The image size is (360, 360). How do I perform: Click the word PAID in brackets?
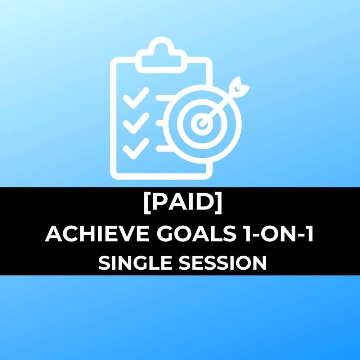[x=183, y=202]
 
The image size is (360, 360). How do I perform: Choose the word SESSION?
[x=222, y=263]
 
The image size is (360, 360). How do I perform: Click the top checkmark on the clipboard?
[x=136, y=98]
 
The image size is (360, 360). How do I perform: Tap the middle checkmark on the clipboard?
[x=136, y=123]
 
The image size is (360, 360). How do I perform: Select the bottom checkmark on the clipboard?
[x=136, y=149]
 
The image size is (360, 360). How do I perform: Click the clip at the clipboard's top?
[x=161, y=55]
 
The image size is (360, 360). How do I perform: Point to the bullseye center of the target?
[x=202, y=122]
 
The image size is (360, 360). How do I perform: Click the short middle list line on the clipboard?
[x=159, y=123]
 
